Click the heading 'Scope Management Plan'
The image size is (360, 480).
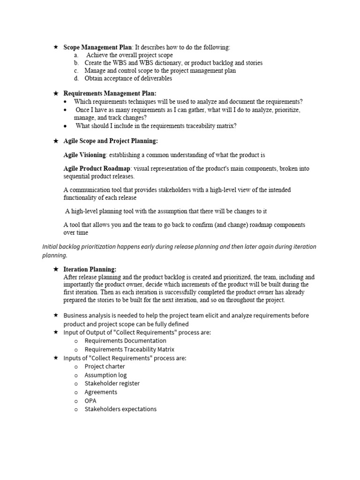pyautogui.click(x=97, y=47)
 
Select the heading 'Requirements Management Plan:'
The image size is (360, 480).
pyautogui.click(x=110, y=93)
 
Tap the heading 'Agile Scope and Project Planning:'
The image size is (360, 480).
pyautogui.click(x=111, y=141)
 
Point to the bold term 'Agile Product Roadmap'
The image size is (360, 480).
pyautogui.click(x=97, y=168)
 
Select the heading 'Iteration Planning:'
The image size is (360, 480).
pyautogui.click(x=90, y=269)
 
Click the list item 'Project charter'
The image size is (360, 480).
pyautogui.click(x=105, y=367)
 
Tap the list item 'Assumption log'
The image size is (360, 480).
pyautogui.click(x=105, y=375)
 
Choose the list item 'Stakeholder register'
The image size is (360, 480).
pyautogui.click(x=112, y=383)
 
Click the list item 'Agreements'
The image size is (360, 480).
pyautogui.click(x=101, y=392)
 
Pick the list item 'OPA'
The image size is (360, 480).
pyautogui.click(x=90, y=401)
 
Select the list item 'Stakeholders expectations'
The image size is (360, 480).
pyautogui.click(x=120, y=409)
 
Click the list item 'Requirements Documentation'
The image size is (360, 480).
pyautogui.click(x=125, y=341)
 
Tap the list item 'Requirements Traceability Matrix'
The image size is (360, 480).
pyautogui.click(x=129, y=349)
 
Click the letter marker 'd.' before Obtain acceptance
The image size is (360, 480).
pyautogui.click(x=76, y=78)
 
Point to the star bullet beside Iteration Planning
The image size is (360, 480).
pyautogui.click(x=56, y=269)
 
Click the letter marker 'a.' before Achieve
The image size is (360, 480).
pyautogui.click(x=76, y=55)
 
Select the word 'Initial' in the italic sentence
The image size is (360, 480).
pyautogui.click(x=51, y=247)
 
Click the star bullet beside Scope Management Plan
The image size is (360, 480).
pyautogui.click(x=56, y=47)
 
